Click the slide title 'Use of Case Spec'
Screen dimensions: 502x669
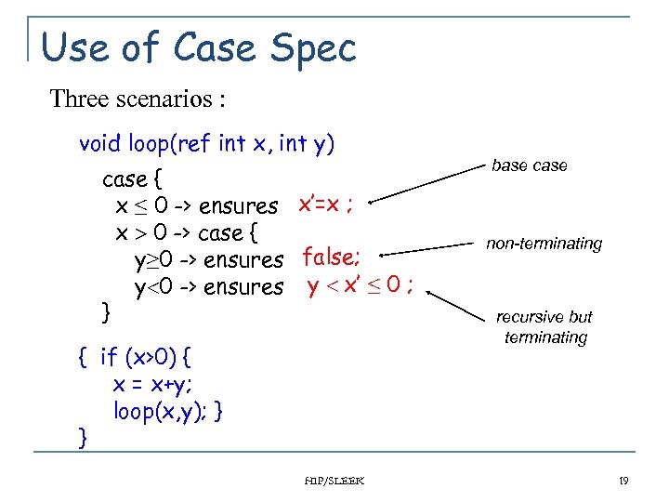pos(199,46)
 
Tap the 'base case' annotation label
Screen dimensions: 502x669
pos(529,165)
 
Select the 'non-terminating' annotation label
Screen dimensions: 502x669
pos(544,244)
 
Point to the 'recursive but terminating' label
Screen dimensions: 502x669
pos(545,327)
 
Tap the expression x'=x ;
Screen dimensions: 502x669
pos(324,204)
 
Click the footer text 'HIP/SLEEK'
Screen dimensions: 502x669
pos(334,481)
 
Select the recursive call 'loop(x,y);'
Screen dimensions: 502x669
pos(159,411)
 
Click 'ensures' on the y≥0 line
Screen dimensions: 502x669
pos(243,260)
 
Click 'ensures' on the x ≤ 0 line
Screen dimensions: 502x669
pos(238,205)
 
